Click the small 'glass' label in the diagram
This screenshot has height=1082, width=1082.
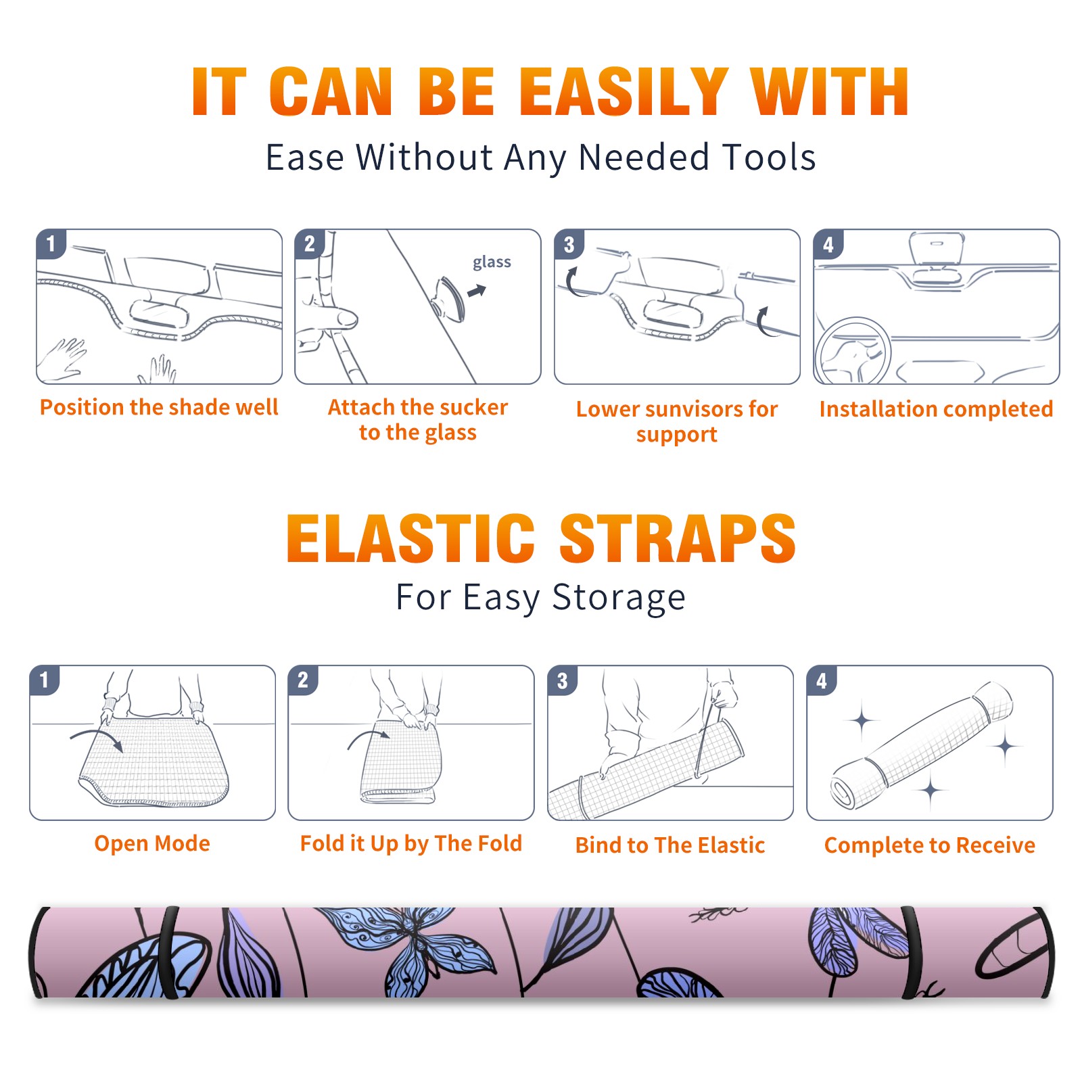492,262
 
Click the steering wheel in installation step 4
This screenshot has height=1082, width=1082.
853,352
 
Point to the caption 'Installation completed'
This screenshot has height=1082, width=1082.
936,408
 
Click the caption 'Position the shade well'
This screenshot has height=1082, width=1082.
159,407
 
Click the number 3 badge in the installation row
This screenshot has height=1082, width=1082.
569,244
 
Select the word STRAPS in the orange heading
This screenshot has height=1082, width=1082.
678,538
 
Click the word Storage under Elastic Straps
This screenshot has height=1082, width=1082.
619,598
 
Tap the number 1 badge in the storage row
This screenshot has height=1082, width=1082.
45,680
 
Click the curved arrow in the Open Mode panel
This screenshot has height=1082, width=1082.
97,738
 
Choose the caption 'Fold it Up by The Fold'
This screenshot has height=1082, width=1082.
411,843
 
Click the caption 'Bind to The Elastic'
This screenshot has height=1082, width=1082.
670,845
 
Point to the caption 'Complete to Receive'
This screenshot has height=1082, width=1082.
930,845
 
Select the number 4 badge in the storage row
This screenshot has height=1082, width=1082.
822,680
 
